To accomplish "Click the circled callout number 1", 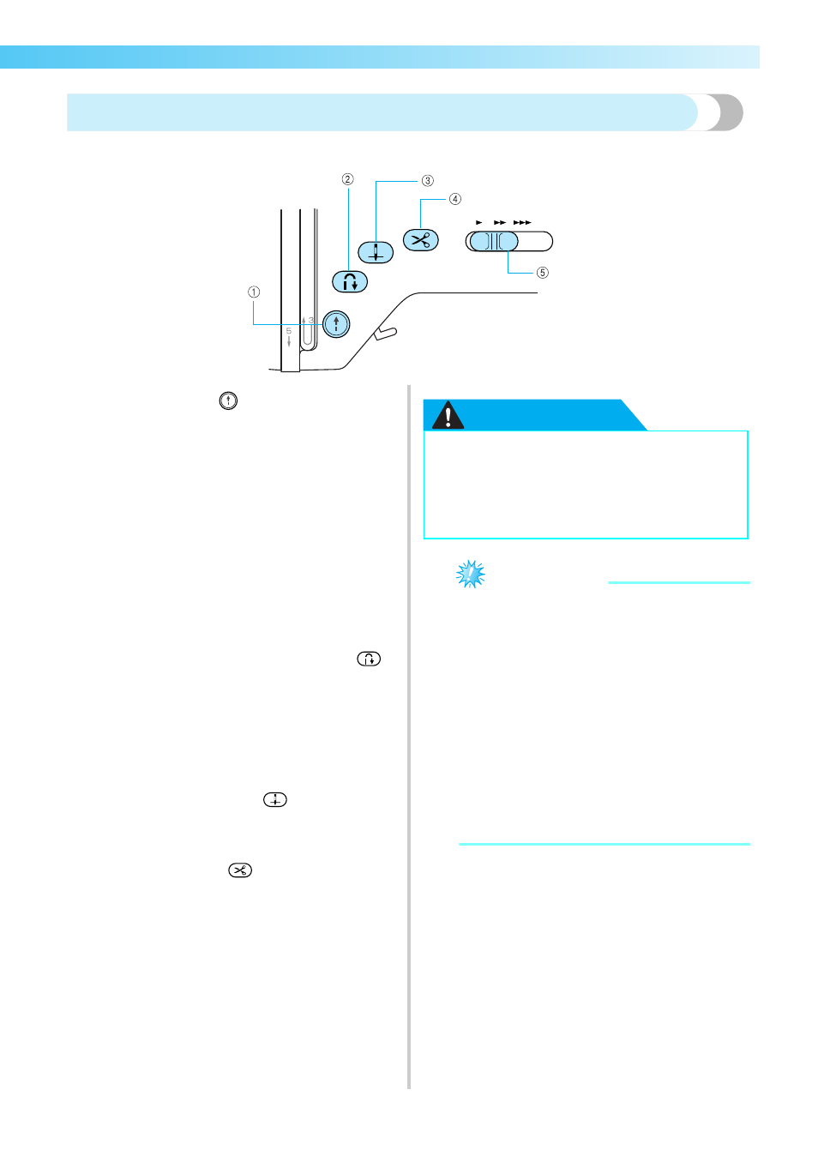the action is click(x=254, y=292).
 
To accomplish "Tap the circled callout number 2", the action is click(x=347, y=179).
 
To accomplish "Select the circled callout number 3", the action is click(x=427, y=181).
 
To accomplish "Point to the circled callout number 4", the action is click(x=454, y=199).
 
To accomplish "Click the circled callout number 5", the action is click(x=543, y=273).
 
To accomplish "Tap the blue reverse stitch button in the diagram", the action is click(x=350, y=282).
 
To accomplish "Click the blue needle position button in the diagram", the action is click(x=376, y=252).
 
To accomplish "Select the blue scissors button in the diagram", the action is click(x=421, y=240).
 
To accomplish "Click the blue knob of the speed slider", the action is click(x=494, y=241).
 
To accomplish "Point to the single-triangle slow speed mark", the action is click(x=479, y=222).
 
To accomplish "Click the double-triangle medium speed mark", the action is click(x=500, y=222).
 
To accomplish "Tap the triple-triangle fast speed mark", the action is click(x=522, y=222).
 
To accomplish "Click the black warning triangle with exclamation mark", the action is click(x=448, y=415).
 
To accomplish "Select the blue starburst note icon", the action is click(x=471, y=575).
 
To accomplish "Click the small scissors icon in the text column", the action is click(x=240, y=870).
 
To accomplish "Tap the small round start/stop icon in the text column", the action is click(x=228, y=401).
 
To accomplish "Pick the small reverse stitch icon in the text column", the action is click(x=369, y=659).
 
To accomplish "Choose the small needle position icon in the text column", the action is click(x=275, y=799).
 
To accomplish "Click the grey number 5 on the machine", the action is click(x=289, y=331).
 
